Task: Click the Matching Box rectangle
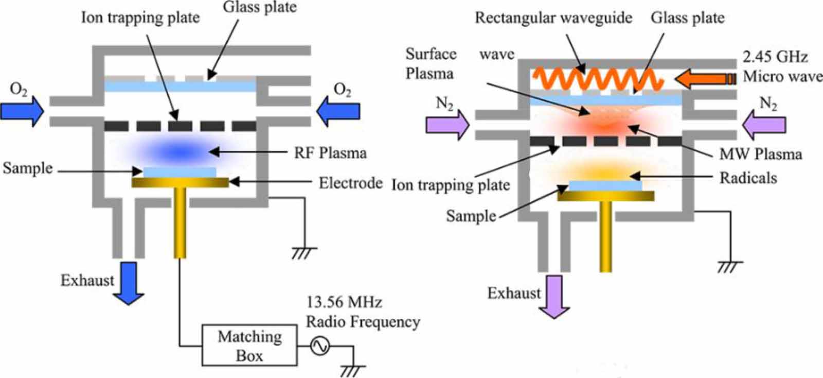[x=249, y=345]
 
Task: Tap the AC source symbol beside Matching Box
[x=319, y=346]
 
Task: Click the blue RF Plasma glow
[x=180, y=151]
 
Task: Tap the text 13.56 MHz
[x=344, y=302]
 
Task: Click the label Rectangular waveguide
[x=553, y=18]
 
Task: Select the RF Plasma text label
[x=330, y=153]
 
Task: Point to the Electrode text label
[x=350, y=183]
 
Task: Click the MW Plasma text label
[x=760, y=153]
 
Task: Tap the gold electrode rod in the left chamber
[x=180, y=221]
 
